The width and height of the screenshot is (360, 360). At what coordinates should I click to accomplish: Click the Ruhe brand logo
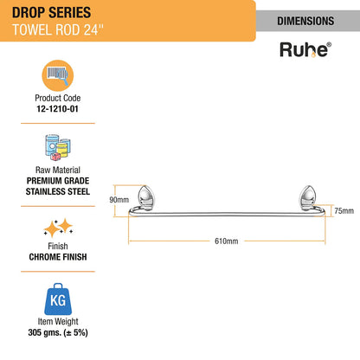(x=305, y=49)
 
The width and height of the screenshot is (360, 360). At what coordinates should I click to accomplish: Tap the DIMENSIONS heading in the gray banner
(x=305, y=21)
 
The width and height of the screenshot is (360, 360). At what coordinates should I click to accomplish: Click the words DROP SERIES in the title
(x=51, y=13)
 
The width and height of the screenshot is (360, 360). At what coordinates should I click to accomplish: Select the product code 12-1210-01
(x=57, y=109)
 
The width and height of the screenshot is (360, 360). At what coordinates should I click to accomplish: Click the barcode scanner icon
(x=58, y=75)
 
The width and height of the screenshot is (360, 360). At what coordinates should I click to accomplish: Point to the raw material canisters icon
(x=58, y=147)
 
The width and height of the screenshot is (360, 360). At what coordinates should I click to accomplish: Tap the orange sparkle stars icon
(x=58, y=228)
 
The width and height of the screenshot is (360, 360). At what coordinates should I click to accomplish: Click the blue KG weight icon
(x=58, y=299)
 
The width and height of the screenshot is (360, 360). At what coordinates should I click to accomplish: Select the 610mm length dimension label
(x=227, y=241)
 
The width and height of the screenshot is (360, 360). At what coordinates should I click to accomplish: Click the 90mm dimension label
(x=119, y=200)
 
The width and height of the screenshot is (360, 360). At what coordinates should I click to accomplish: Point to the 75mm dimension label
(x=344, y=211)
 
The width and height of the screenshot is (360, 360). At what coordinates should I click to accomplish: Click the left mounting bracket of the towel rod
(x=146, y=196)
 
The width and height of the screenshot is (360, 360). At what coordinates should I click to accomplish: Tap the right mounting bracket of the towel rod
(x=307, y=196)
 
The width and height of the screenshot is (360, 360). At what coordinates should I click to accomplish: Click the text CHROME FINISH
(x=58, y=257)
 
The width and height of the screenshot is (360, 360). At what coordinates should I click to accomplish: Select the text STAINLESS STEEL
(x=58, y=191)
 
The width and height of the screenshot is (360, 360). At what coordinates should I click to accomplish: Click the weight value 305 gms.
(x=44, y=332)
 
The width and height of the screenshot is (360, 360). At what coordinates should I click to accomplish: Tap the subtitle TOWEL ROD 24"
(x=58, y=29)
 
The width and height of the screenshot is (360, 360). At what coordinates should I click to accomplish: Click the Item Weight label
(x=58, y=321)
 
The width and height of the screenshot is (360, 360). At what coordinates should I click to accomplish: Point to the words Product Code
(x=58, y=98)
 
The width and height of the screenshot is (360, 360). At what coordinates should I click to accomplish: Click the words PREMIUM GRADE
(x=58, y=181)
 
